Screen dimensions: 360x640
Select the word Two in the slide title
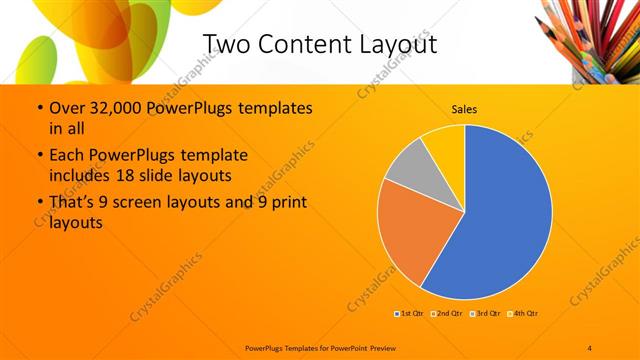[227, 44]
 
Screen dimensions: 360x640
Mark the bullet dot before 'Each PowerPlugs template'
[39, 156]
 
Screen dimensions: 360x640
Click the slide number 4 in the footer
[590, 347]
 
